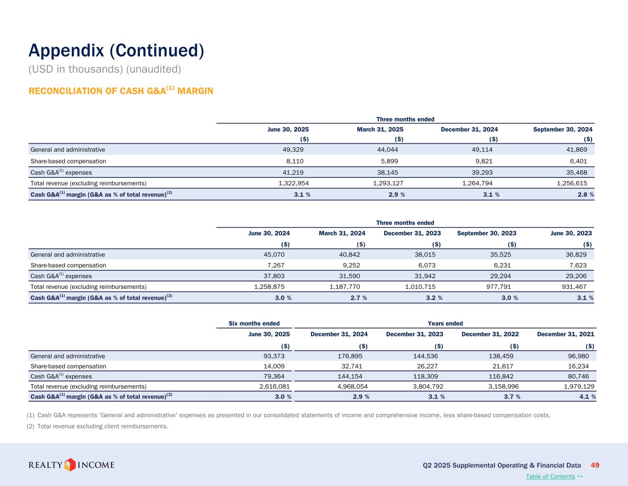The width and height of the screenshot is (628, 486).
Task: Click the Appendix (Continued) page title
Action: pos(116,51)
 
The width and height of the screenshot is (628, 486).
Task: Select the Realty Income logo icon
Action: pos(70,465)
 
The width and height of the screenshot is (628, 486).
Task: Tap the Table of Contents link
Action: pos(550,476)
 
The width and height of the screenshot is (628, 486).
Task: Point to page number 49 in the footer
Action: pos(594,465)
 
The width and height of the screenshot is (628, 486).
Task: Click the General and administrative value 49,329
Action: pos(293,150)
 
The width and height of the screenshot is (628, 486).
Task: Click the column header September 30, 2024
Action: pos(563,129)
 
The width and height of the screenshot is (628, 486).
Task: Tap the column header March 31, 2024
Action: pos(342,233)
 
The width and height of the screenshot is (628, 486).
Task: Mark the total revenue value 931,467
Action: pos(576,287)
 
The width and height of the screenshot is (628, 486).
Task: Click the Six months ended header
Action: pos(254,323)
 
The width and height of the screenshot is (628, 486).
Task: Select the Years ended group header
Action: pos(445,323)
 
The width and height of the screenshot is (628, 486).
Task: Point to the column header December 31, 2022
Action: pos(490,334)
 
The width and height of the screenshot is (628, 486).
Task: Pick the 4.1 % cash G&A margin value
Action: pos(588,397)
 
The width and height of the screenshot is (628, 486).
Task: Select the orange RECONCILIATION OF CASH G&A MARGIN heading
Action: pos(121,91)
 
